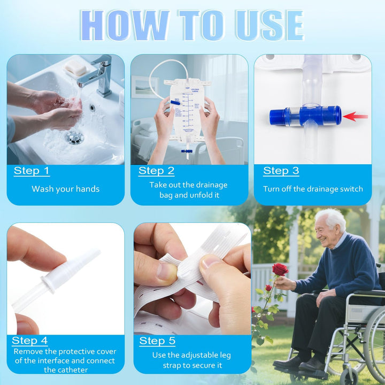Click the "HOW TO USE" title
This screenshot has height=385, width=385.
(x=192, y=25)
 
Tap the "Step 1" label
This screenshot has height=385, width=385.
(x=32, y=171)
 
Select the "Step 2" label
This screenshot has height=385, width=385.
(x=156, y=171)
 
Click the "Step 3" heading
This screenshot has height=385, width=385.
(x=281, y=171)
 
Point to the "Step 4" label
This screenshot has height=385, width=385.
(x=30, y=341)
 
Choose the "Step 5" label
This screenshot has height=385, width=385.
(x=157, y=341)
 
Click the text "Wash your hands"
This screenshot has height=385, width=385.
(x=65, y=189)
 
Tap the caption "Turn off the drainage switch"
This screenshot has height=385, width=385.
(x=313, y=189)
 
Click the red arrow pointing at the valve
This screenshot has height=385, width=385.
(x=356, y=116)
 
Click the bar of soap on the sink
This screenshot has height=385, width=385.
(x=75, y=67)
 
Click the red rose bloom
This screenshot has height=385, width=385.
(x=280, y=269)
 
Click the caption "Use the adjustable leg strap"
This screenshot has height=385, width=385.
(x=191, y=360)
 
